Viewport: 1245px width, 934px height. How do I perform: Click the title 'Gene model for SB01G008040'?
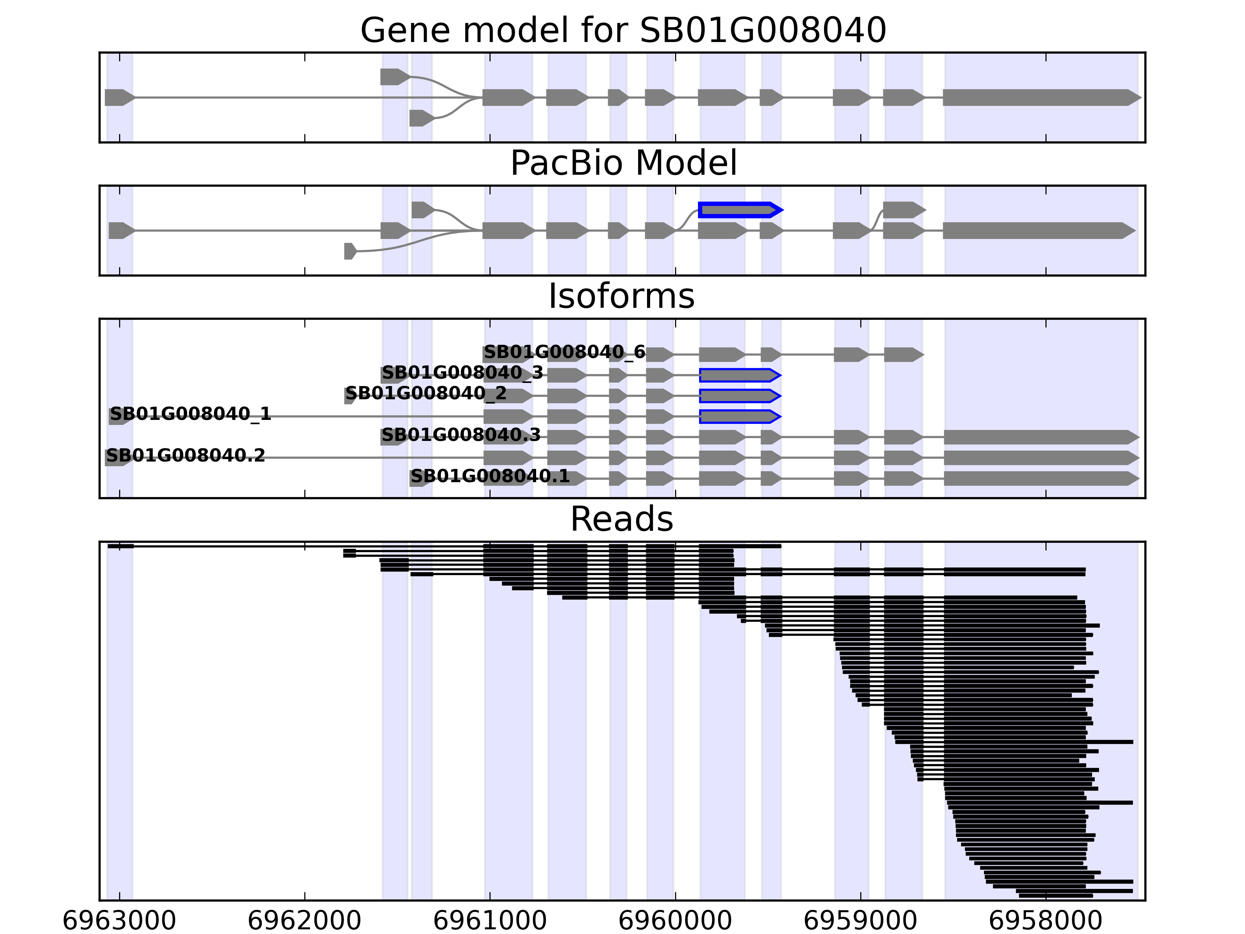[622, 30]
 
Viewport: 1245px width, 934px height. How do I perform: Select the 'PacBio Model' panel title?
[622, 163]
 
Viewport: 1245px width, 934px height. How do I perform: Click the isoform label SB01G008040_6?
[564, 353]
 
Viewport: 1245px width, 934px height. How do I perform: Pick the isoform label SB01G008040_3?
[462, 373]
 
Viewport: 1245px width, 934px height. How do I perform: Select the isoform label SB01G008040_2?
[426, 393]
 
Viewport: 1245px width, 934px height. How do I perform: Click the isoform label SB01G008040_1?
[190, 414]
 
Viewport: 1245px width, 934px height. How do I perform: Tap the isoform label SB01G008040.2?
[185, 455]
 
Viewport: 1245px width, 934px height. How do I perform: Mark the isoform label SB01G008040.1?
[490, 476]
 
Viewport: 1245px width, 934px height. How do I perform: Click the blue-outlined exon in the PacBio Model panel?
[739, 210]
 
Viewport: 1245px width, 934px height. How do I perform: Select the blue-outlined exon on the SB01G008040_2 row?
[739, 396]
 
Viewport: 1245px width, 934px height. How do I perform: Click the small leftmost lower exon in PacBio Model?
[349, 251]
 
